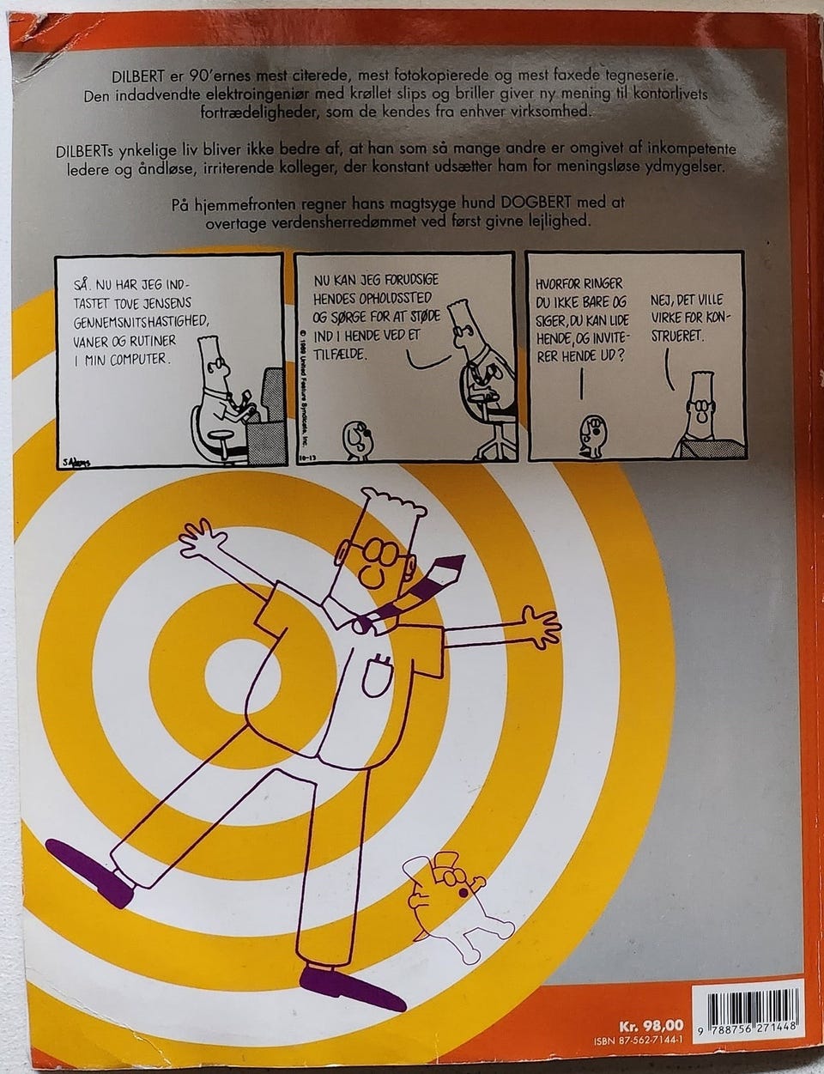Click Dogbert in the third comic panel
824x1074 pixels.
[592, 436]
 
